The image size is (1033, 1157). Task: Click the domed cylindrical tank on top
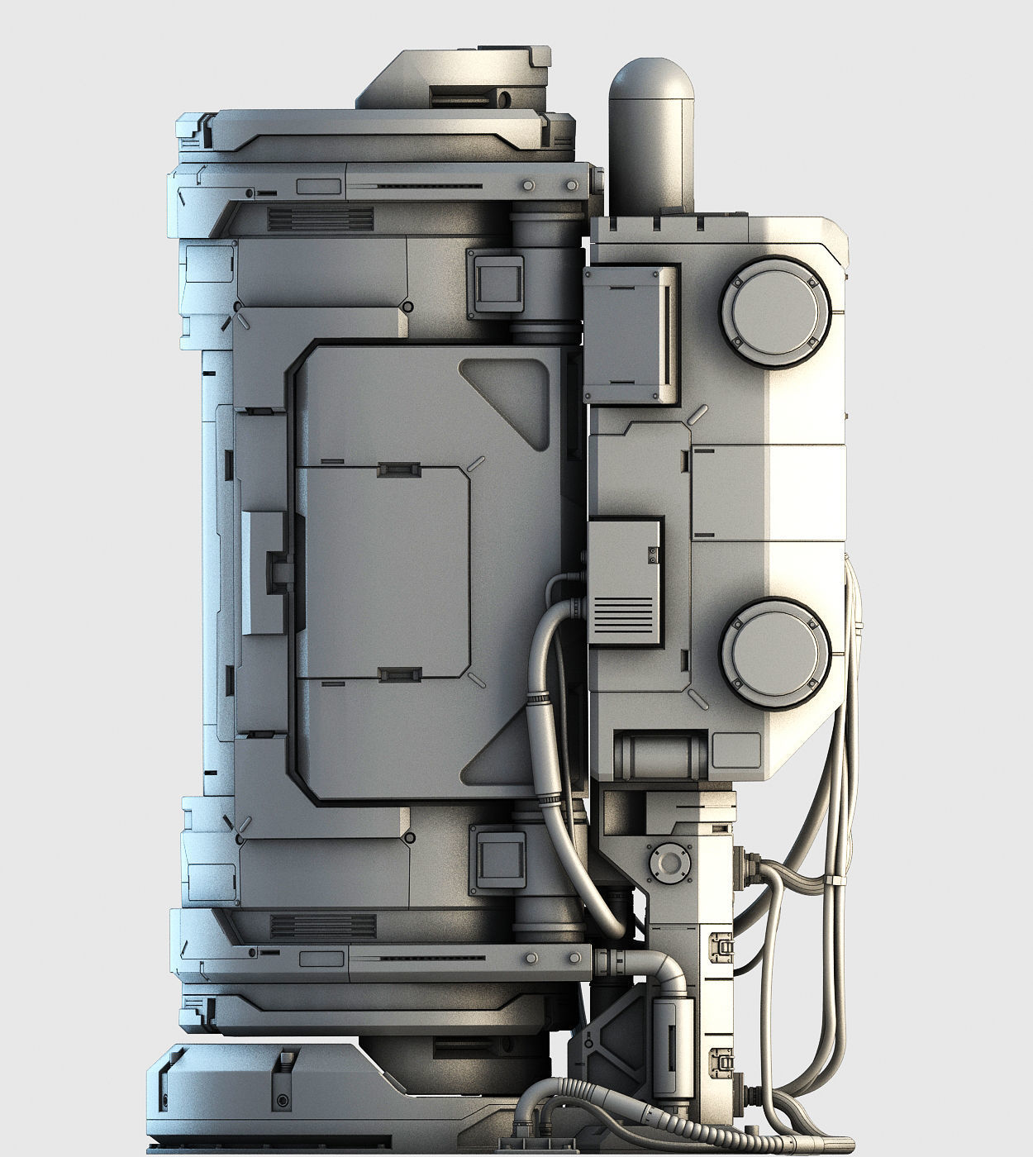tap(650, 132)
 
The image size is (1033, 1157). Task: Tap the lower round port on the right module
tap(774, 653)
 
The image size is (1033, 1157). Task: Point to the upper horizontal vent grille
tap(321, 219)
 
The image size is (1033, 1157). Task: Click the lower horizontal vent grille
tap(323, 926)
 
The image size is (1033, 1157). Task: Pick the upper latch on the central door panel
tap(399, 470)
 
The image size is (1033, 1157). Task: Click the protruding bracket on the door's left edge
tap(266, 573)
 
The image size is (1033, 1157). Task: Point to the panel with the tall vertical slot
tap(633, 334)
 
